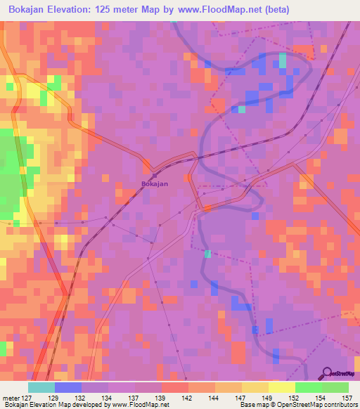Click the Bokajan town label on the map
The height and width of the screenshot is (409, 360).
[x=154, y=184]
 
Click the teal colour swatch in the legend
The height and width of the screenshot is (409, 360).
[x=41, y=387]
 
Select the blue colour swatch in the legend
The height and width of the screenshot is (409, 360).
[x=68, y=387]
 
